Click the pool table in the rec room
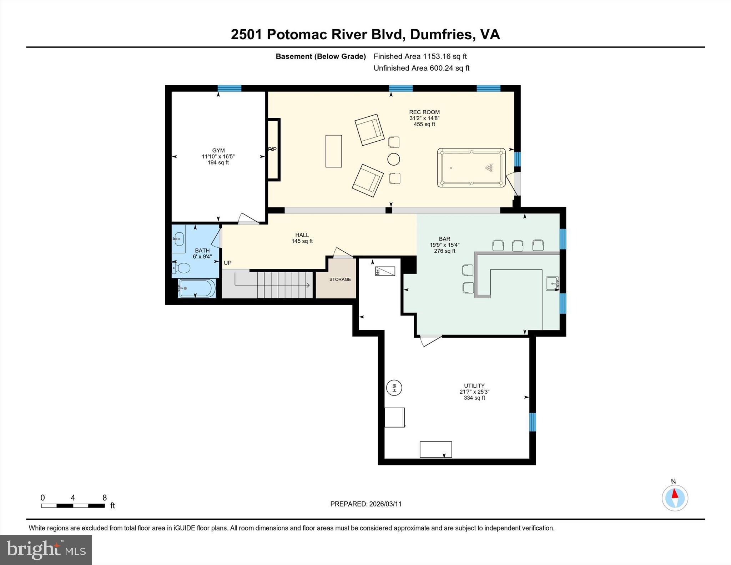[471, 168]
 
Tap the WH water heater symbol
[394, 388]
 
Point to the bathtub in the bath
[197, 288]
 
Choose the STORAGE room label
[340, 279]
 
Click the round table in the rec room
[394, 159]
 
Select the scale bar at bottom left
[73, 505]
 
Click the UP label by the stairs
[228, 263]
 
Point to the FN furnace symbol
[385, 271]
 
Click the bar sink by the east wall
[552, 283]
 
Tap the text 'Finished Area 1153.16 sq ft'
[420, 56]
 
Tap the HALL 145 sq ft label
[302, 238]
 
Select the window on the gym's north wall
[230, 88]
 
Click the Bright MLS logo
[46, 550]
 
